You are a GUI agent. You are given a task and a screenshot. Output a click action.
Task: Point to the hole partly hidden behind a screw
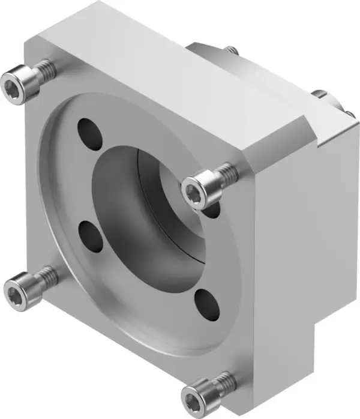tap(211, 209)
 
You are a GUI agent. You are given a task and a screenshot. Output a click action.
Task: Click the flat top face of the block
tap(162, 60)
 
